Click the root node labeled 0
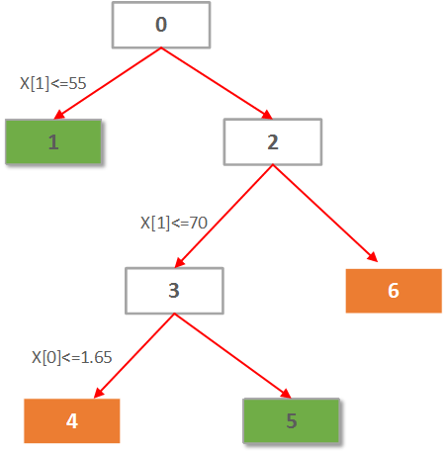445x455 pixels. tap(161, 25)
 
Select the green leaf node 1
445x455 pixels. tap(53, 141)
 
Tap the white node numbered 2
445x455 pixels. tap(273, 141)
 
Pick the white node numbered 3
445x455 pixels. tap(174, 291)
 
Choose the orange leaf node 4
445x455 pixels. tap(72, 420)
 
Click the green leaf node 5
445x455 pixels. tap(292, 420)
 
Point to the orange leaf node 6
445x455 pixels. tap(394, 291)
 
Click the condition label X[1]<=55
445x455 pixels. tap(53, 83)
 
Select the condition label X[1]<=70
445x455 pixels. tap(174, 223)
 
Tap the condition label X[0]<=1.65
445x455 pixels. tap(72, 357)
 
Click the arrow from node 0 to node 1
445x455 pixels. tap(108, 83)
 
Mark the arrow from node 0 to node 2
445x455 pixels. tap(217, 83)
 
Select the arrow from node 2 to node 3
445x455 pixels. tap(223, 216)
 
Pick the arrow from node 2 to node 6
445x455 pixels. tap(325, 213)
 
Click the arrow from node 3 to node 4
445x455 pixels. tap(134, 356)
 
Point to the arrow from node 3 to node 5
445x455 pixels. tap(232, 356)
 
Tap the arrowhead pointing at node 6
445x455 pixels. tap(373, 257)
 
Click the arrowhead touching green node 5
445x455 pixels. tap(286, 394)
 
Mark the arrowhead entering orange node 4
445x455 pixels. tap(99, 394)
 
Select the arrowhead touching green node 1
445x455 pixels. tap(59, 115)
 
